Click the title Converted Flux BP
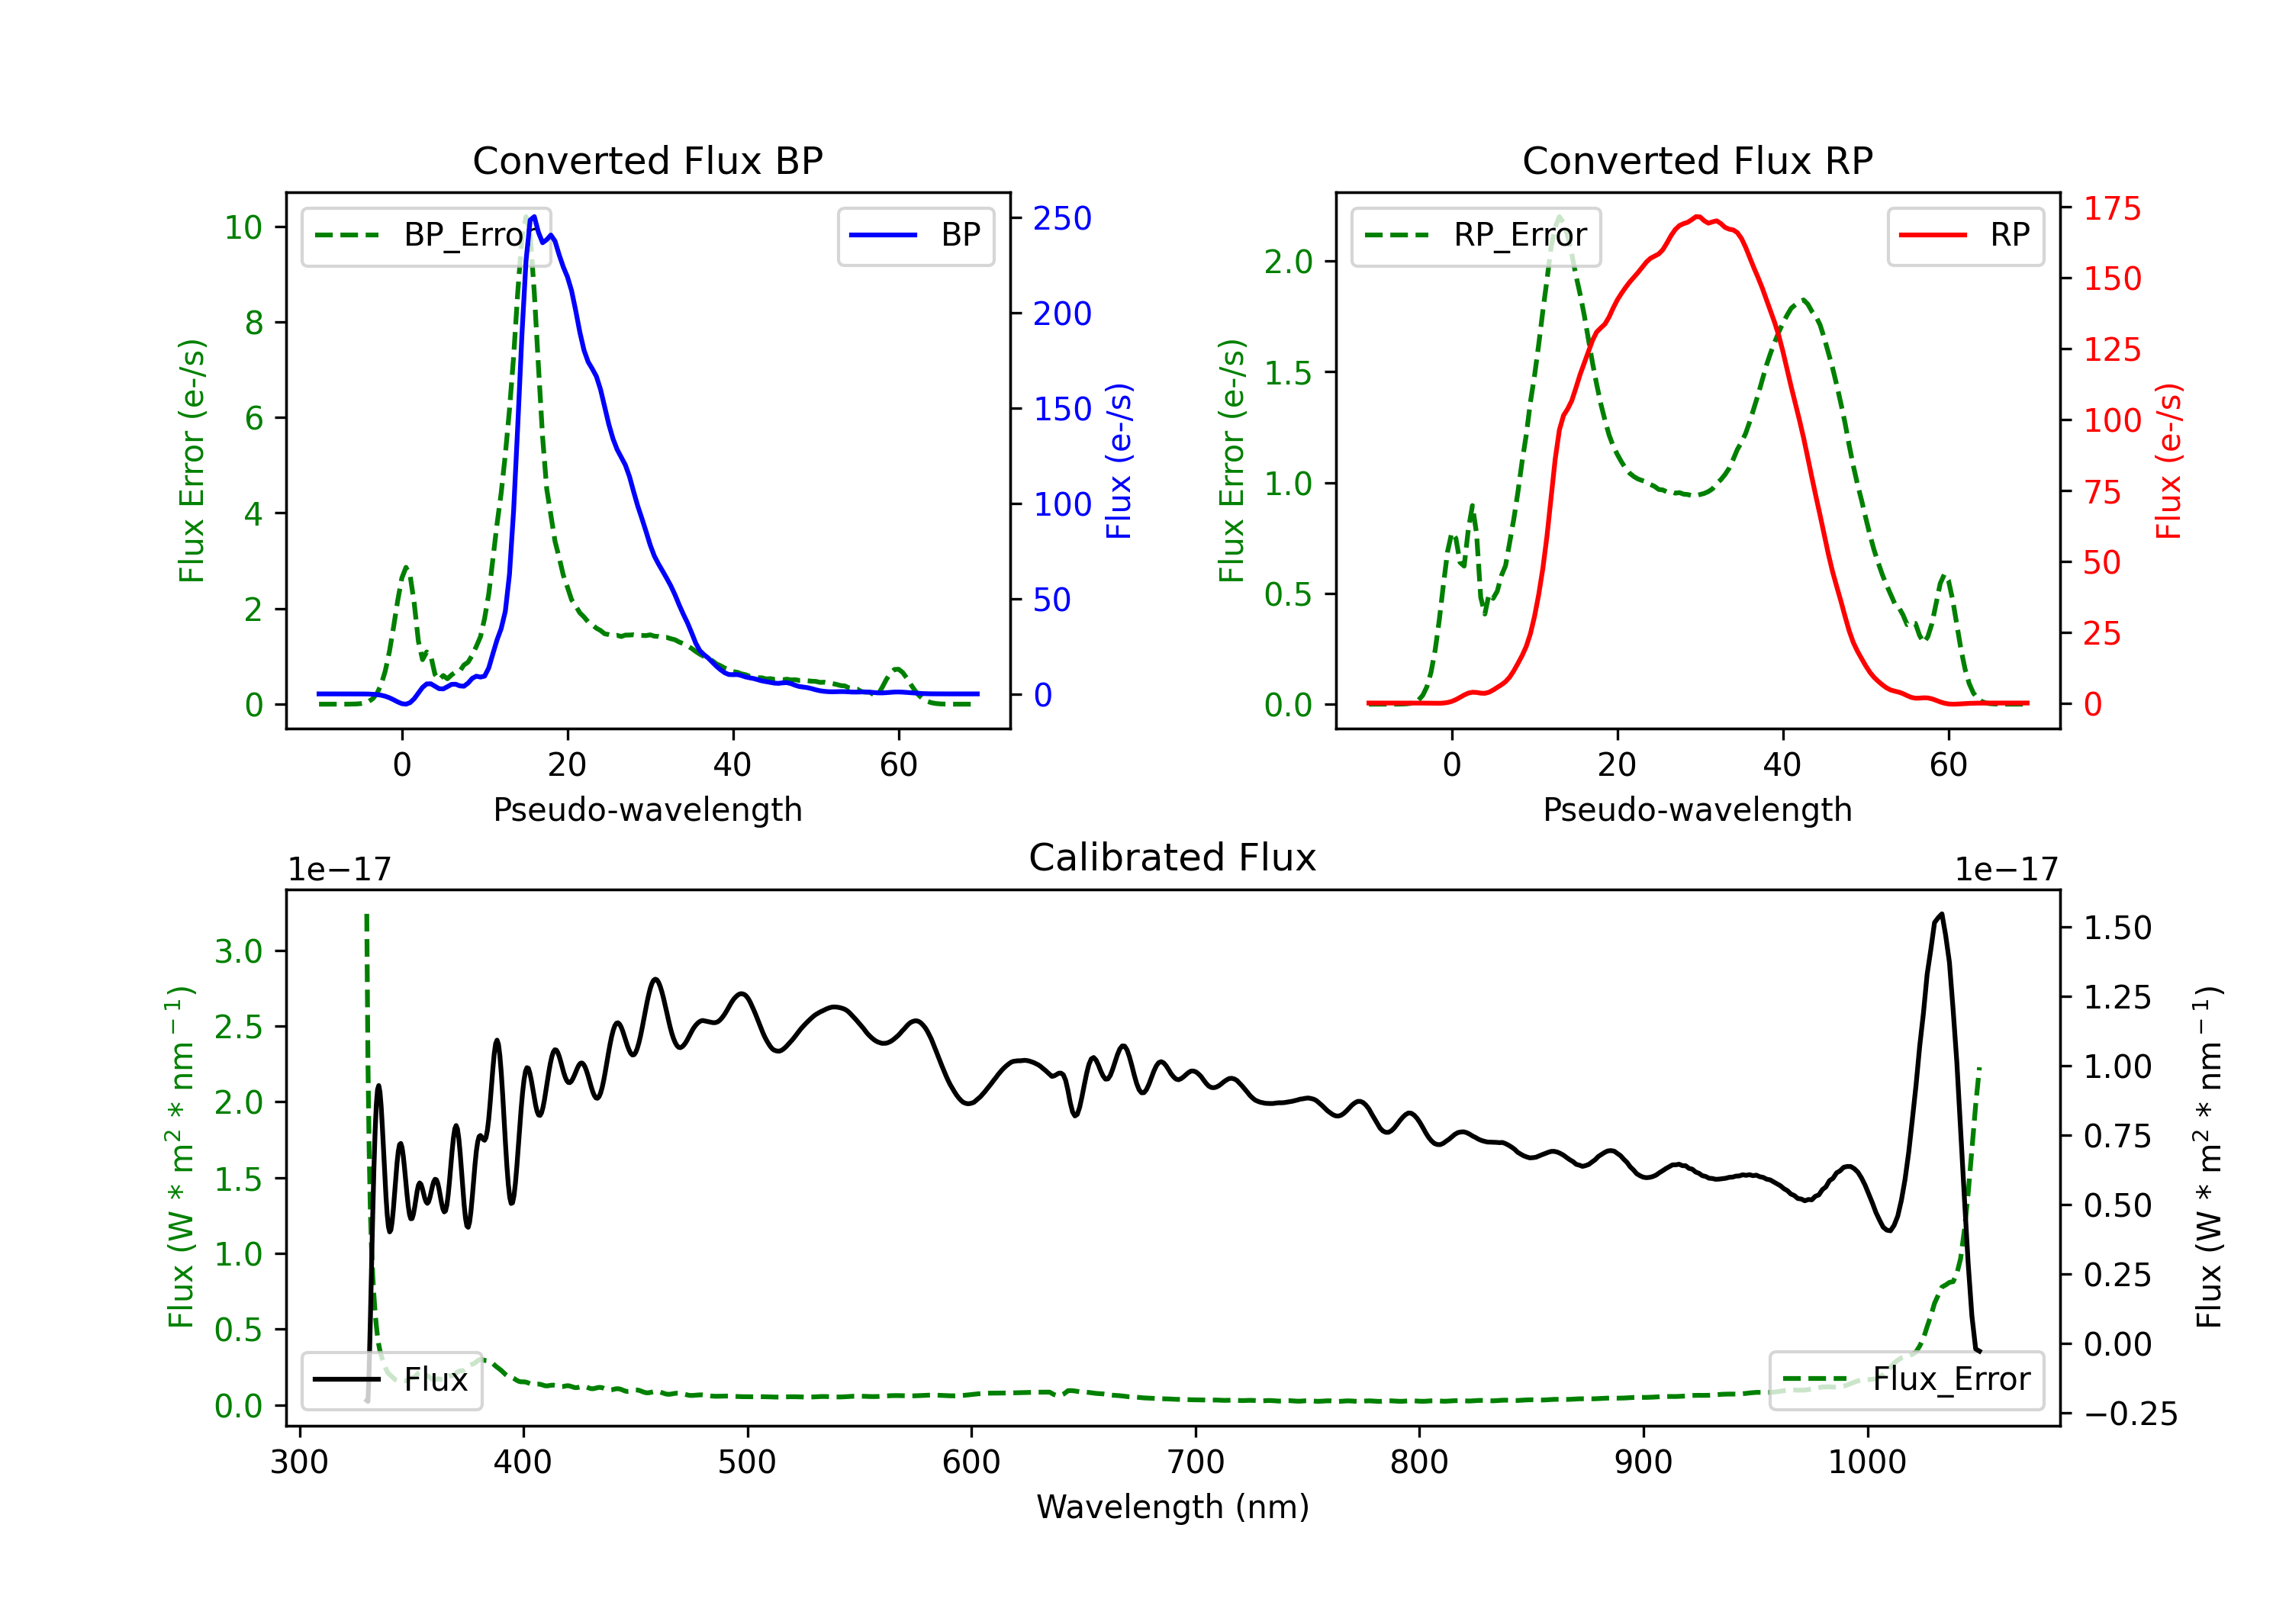647,160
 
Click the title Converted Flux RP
1697,160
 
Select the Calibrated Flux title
1173,857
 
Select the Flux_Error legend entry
1906,1380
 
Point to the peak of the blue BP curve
534,217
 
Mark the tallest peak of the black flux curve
1940,914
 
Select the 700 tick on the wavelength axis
1196,1462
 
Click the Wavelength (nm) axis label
1173,1507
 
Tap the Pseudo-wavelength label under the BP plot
648,809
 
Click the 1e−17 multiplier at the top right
2007,870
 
